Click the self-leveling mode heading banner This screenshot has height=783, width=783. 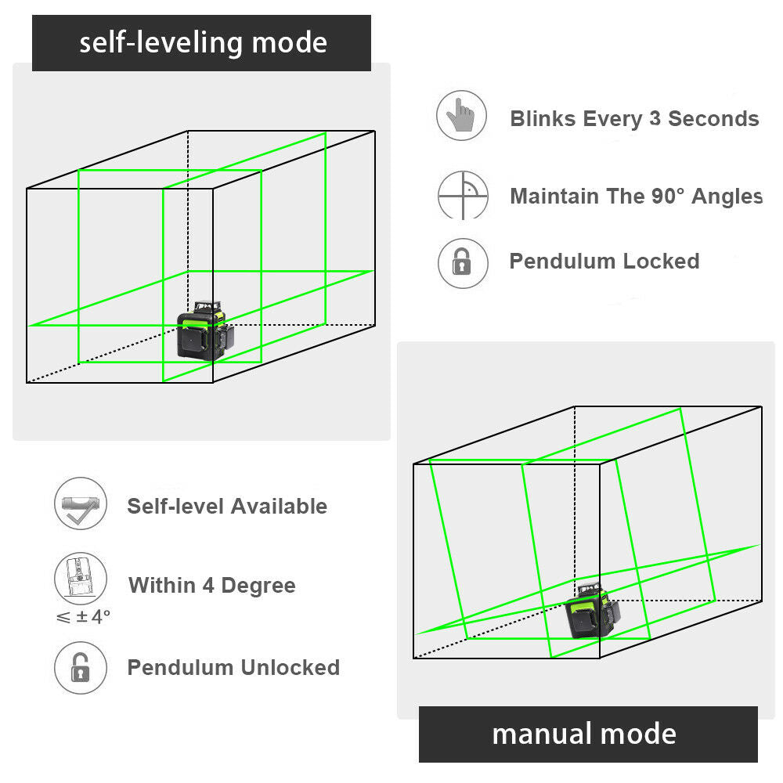(201, 43)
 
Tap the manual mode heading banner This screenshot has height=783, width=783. (588, 734)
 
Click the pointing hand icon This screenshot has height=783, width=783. (462, 117)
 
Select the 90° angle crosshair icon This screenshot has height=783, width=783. (462, 195)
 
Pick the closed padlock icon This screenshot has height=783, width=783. (462, 262)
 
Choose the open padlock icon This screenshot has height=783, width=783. (80, 668)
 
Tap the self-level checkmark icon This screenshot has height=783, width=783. (80, 504)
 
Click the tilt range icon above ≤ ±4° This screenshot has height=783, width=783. (80, 579)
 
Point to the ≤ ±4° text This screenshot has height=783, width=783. (83, 616)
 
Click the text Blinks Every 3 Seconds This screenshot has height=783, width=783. (634, 119)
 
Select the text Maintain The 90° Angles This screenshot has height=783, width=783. (636, 196)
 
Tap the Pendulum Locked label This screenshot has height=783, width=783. (604, 262)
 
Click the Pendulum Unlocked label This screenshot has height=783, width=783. (233, 668)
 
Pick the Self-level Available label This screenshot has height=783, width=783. (227, 507)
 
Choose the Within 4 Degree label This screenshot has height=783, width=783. (212, 586)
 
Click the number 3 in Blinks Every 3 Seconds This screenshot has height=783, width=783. (655, 119)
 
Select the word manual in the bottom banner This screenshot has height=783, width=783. (539, 734)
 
